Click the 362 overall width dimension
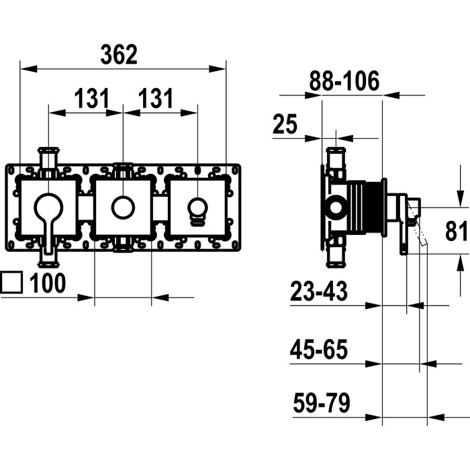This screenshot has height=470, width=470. click(119, 54)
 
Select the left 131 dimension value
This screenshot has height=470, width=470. click(92, 98)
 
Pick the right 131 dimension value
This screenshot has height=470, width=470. click(156, 98)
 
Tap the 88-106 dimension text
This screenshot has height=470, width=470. click(344, 81)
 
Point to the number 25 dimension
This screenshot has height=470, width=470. click(285, 124)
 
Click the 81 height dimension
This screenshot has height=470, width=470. click(456, 231)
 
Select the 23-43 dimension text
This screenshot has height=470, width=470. click(319, 291)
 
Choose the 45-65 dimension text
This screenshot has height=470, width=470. click(319, 349)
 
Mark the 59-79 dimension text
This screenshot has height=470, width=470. click(322, 403)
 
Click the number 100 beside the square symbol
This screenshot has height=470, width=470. click(48, 283)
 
